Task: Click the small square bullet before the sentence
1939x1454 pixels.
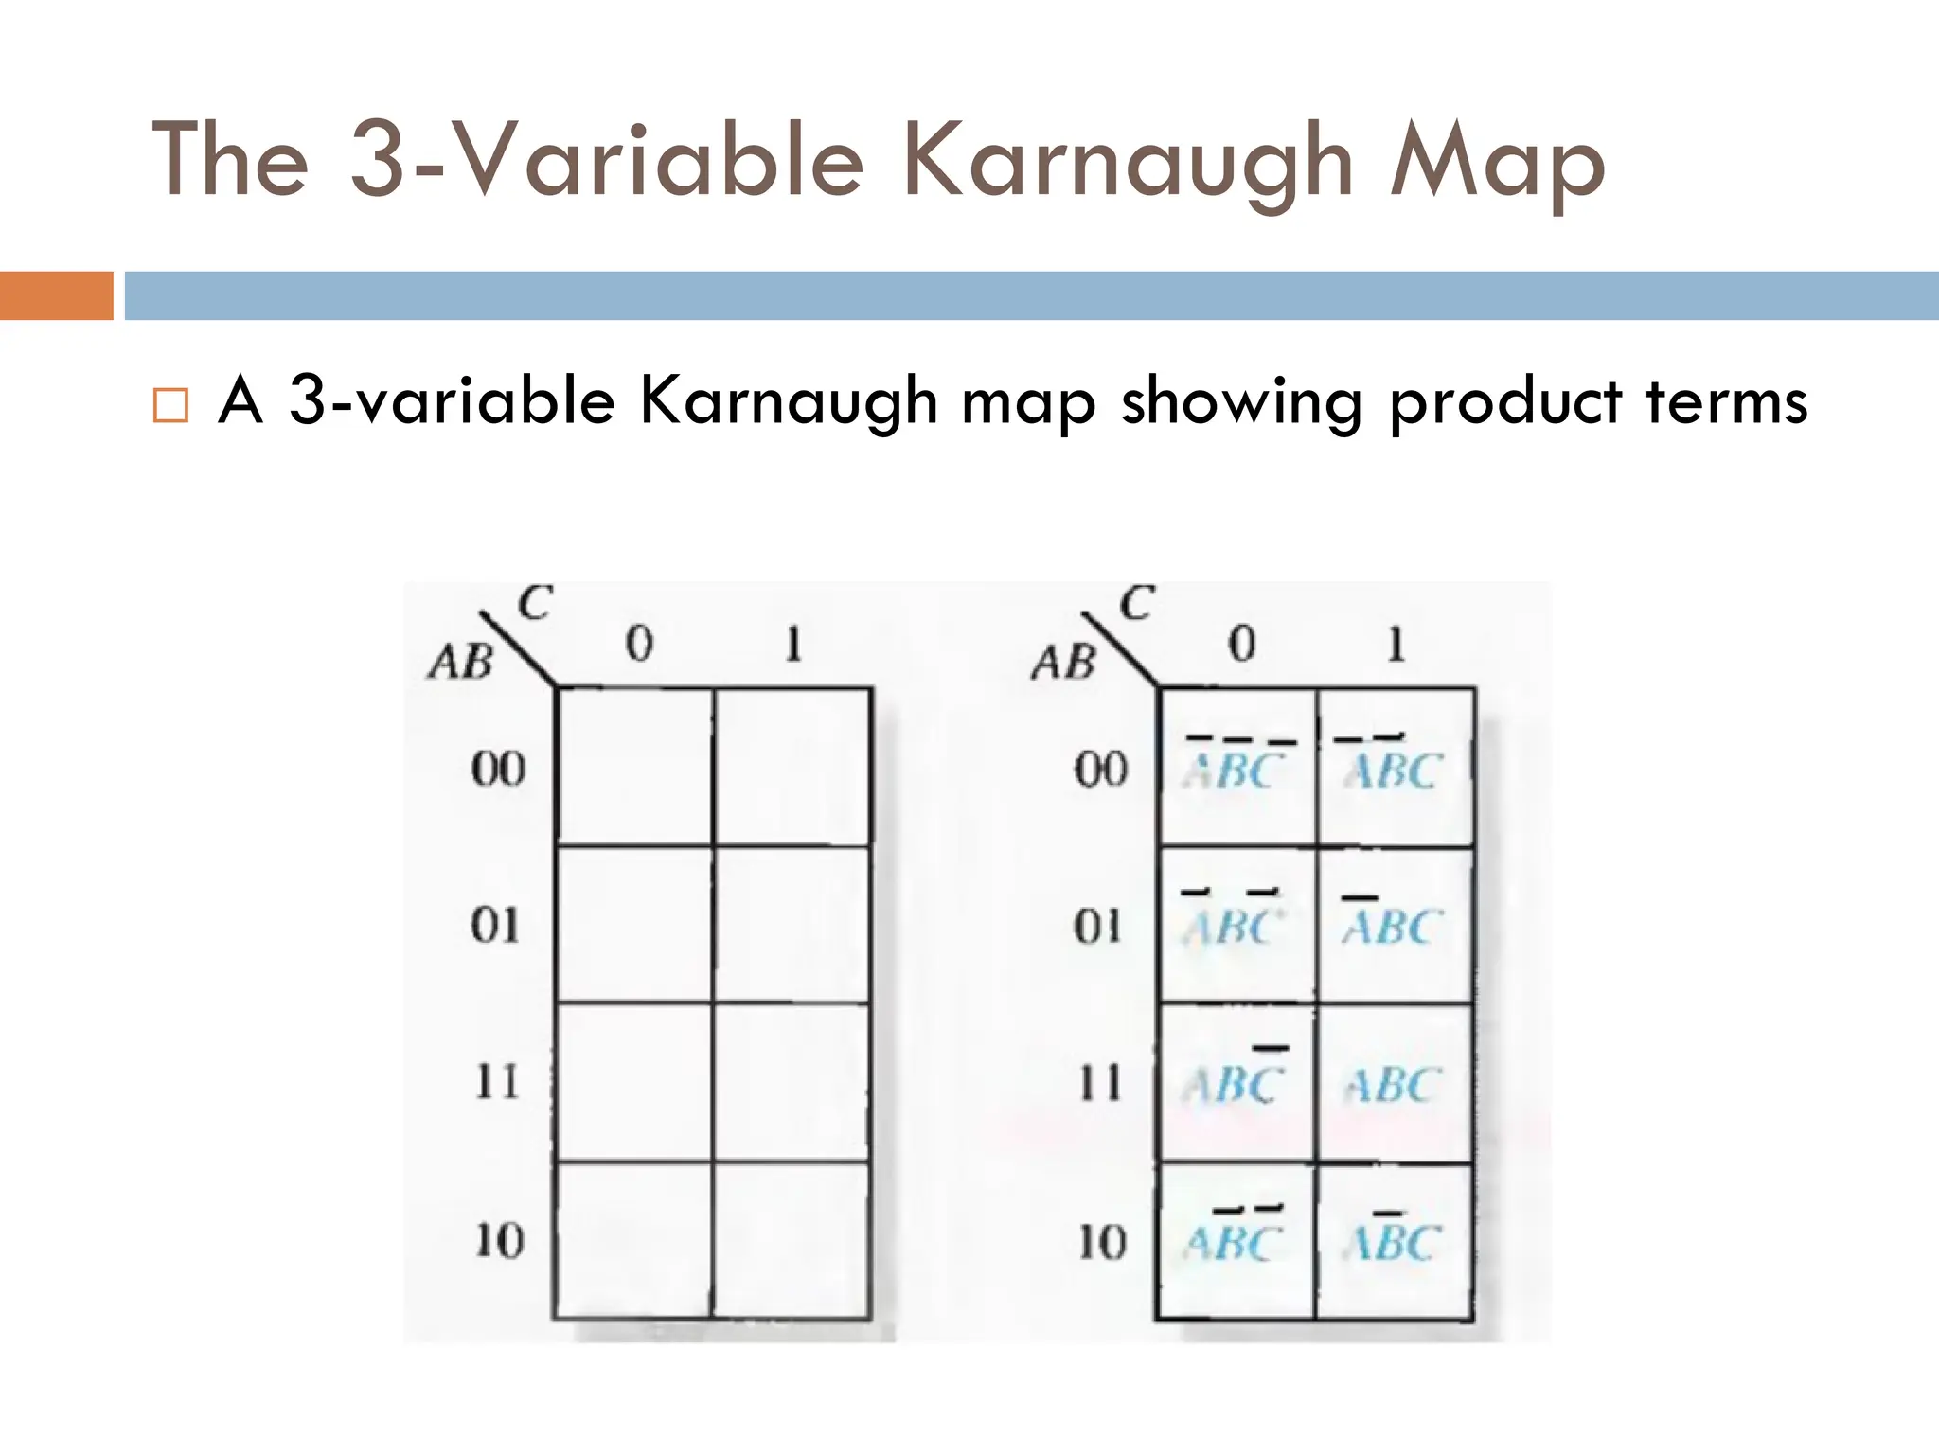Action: pyautogui.click(x=170, y=404)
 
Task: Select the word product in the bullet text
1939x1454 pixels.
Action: pyautogui.click(x=1505, y=402)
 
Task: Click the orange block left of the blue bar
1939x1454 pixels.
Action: pyautogui.click(x=56, y=295)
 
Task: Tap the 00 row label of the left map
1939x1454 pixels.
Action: pyautogui.click(x=497, y=768)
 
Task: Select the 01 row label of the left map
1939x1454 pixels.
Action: pyautogui.click(x=495, y=925)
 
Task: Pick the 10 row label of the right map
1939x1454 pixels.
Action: pyautogui.click(x=1102, y=1241)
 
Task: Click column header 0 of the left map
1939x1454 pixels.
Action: pyautogui.click(x=639, y=645)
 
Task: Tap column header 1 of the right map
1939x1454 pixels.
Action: pyautogui.click(x=1395, y=645)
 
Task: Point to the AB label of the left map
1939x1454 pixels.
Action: pyautogui.click(x=461, y=662)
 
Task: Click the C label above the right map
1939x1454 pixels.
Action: pyautogui.click(x=1136, y=603)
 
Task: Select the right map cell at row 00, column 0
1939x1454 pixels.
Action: pyautogui.click(x=1236, y=767)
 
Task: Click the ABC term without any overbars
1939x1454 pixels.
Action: pyautogui.click(x=1394, y=1085)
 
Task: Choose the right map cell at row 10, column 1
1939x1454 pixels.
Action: pyautogui.click(x=1394, y=1241)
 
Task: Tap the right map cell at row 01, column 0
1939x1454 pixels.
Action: pyautogui.click(x=1236, y=925)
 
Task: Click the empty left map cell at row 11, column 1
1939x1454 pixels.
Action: pyautogui.click(x=792, y=1082)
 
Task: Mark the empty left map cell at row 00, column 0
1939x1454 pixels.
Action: pyautogui.click(x=634, y=767)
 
